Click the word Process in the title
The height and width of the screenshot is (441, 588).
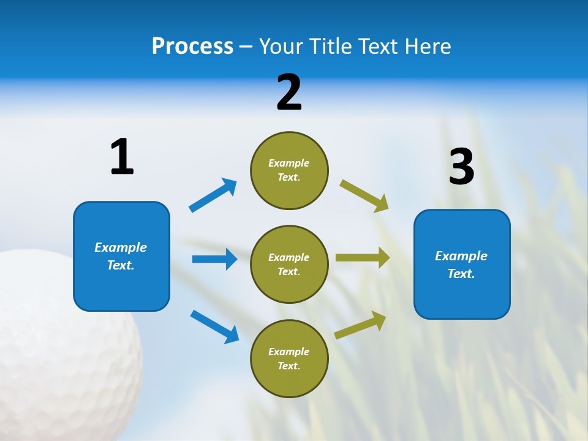[192, 47]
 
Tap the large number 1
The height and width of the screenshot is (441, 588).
[122, 157]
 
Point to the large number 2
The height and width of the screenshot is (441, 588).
[289, 92]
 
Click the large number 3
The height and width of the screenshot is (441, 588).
[461, 167]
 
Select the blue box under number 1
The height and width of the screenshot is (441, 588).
[121, 256]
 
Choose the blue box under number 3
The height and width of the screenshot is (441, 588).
[462, 264]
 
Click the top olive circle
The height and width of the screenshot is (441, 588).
[289, 170]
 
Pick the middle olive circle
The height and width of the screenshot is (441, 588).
[289, 264]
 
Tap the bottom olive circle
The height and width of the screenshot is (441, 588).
[289, 358]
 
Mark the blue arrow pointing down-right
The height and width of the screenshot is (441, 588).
[214, 326]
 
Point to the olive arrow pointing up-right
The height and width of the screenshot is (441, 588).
[360, 325]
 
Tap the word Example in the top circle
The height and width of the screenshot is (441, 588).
[289, 163]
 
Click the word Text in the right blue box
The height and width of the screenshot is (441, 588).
[460, 274]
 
